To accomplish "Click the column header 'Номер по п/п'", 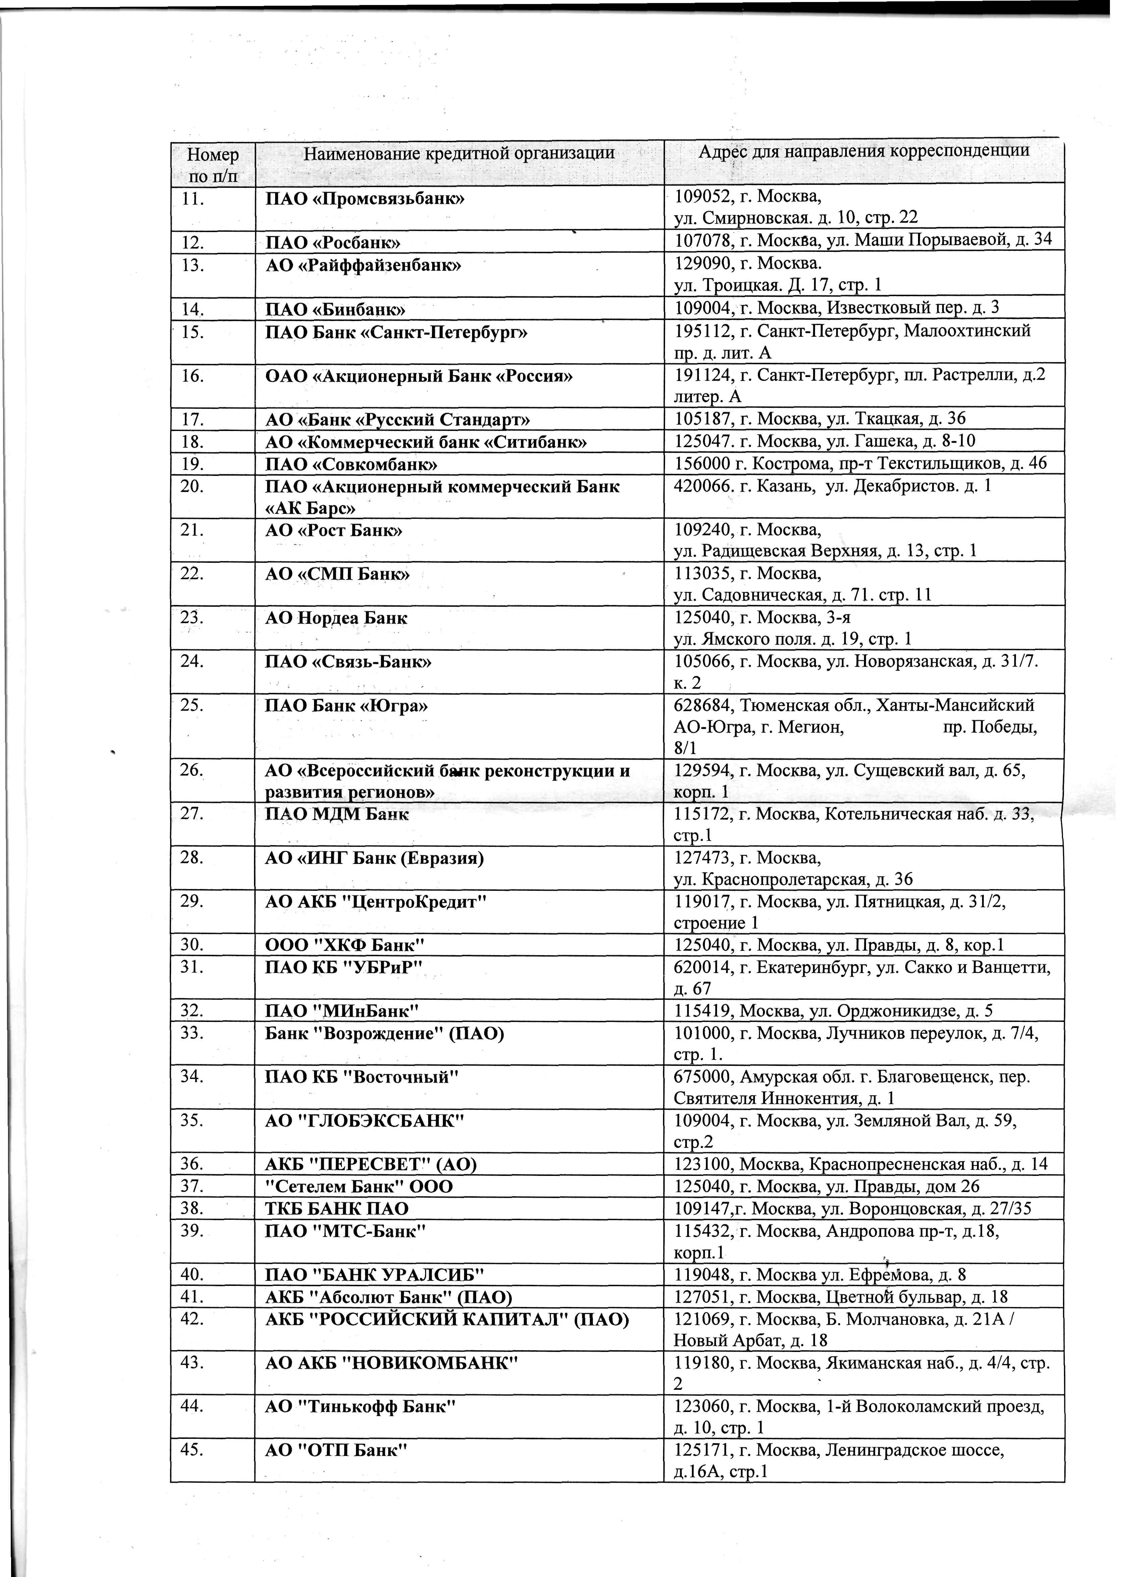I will click(213, 164).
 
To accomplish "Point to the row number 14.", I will click(193, 308).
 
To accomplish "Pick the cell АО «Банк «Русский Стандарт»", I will click(398, 420).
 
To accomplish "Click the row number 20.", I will click(193, 486).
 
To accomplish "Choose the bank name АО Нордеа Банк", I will click(336, 618).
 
